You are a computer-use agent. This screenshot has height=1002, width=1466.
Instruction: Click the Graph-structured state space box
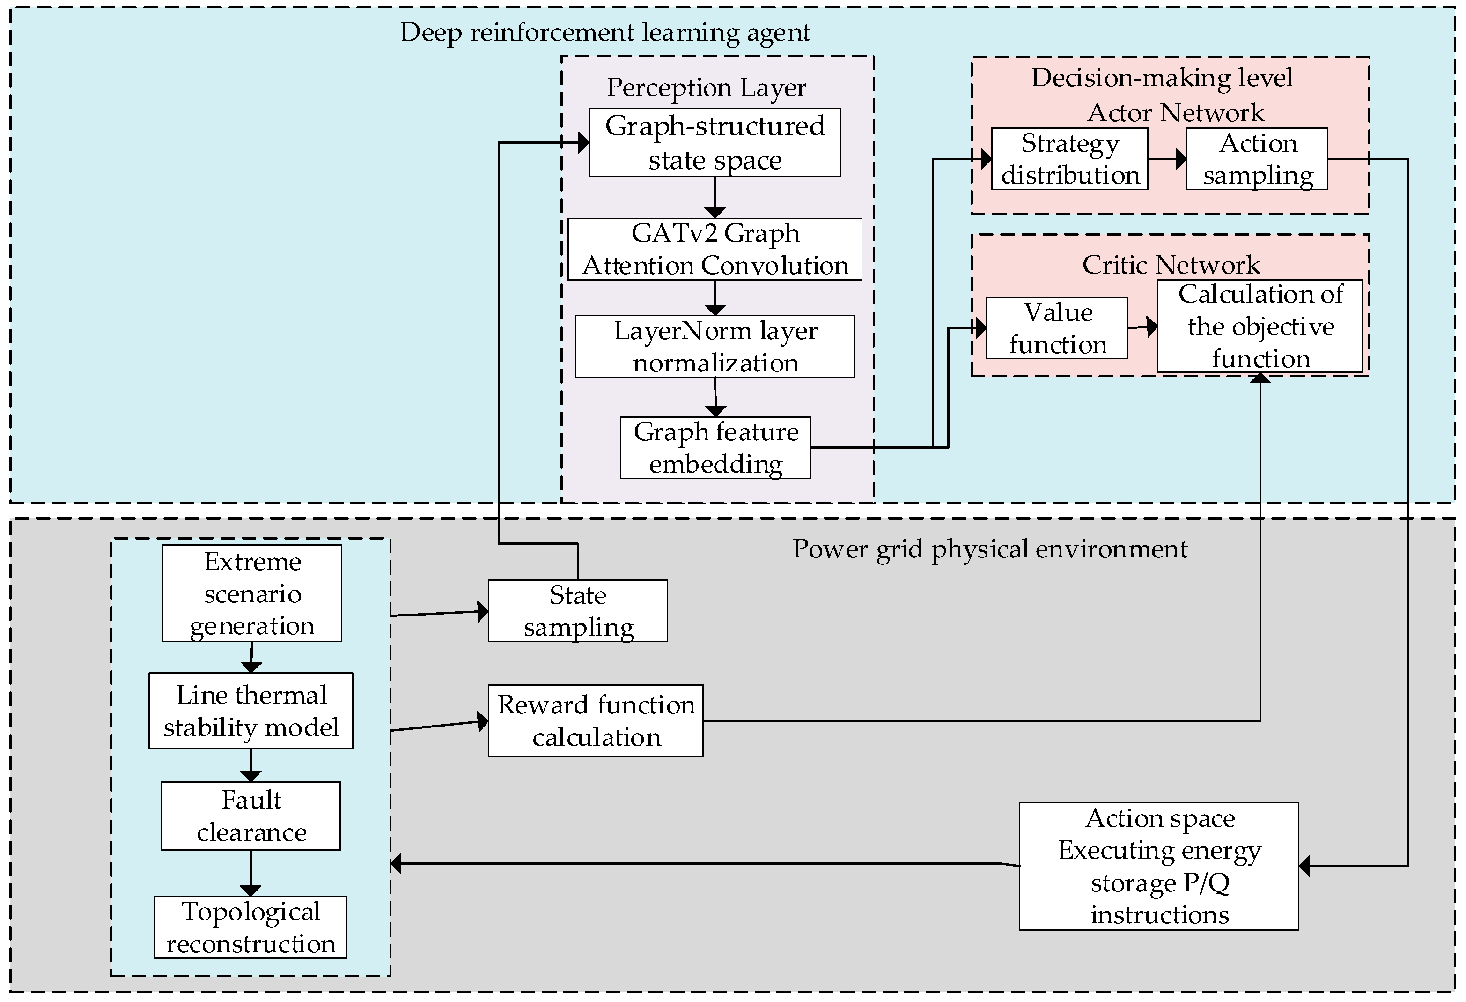click(715, 142)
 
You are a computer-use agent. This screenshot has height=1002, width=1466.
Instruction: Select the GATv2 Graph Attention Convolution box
click(715, 249)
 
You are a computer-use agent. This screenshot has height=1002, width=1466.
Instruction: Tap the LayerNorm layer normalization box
click(715, 346)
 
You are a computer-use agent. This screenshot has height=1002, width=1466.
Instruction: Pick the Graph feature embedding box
click(715, 448)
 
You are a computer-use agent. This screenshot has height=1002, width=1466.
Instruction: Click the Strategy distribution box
click(1069, 159)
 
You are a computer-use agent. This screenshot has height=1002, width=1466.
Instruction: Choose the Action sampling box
click(1257, 159)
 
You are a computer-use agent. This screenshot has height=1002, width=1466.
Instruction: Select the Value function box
click(1057, 328)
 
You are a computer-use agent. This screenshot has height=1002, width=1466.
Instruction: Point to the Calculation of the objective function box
click(1260, 326)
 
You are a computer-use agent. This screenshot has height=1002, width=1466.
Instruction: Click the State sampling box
click(578, 611)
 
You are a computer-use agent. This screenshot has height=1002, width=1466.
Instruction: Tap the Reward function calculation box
click(596, 720)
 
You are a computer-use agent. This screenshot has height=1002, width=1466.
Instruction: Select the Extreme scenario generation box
click(252, 593)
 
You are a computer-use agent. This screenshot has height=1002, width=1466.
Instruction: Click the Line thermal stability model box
click(251, 711)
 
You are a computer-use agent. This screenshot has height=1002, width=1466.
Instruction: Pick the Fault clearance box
click(250, 816)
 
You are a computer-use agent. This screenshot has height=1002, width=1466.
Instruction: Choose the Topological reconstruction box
click(250, 928)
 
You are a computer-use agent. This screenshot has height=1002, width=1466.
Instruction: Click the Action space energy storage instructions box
click(1159, 866)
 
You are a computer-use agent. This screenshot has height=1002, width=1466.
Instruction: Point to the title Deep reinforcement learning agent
click(605, 32)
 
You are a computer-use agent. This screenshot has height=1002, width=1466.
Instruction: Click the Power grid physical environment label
click(990, 549)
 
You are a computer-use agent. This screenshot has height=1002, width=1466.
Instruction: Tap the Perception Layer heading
click(707, 88)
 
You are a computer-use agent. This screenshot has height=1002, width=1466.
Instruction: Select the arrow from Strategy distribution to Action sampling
click(1167, 159)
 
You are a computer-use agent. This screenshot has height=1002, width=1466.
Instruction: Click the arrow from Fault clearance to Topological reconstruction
click(250, 873)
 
